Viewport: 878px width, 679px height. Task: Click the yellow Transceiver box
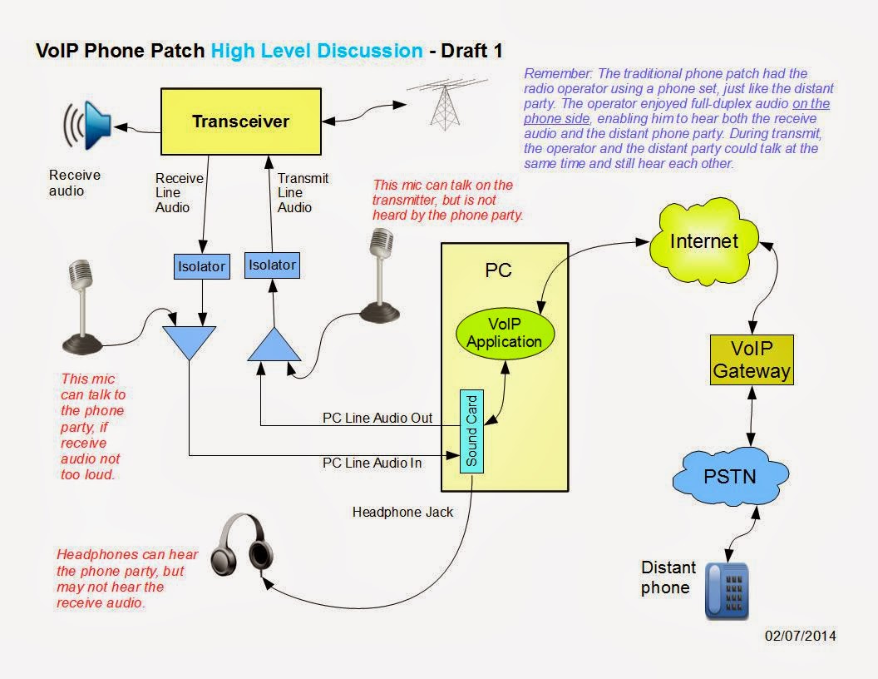pyautogui.click(x=241, y=121)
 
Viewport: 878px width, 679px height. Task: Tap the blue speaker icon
pyautogui.click(x=88, y=126)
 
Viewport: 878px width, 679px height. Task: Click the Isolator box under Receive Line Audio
pyautogui.click(x=201, y=266)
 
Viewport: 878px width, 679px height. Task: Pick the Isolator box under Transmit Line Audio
pyautogui.click(x=272, y=265)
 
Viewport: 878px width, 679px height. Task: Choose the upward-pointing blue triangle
pyautogui.click(x=274, y=344)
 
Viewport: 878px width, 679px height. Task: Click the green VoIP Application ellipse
pyautogui.click(x=505, y=333)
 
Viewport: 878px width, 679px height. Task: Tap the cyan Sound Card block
pyautogui.click(x=471, y=431)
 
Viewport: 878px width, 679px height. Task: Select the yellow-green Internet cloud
pyautogui.click(x=704, y=241)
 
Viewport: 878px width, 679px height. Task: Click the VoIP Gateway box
pyautogui.click(x=752, y=359)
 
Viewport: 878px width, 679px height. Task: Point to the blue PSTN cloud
pyautogui.click(x=730, y=476)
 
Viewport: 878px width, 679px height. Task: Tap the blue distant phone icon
pyautogui.click(x=727, y=591)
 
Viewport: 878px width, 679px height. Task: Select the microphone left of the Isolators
pyautogui.click(x=81, y=307)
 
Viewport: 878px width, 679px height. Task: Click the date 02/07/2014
pyautogui.click(x=800, y=636)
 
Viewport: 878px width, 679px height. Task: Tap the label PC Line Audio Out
pyautogui.click(x=377, y=418)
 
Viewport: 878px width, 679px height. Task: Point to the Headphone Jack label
pyautogui.click(x=402, y=512)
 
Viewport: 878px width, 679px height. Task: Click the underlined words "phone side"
pyautogui.click(x=556, y=119)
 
